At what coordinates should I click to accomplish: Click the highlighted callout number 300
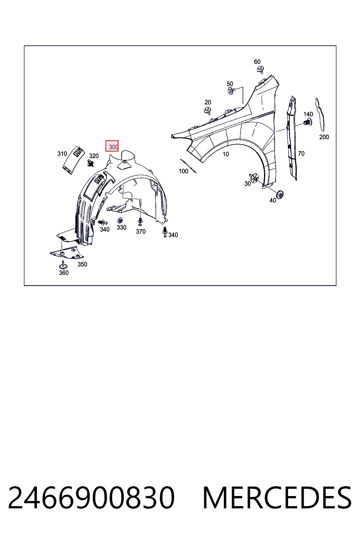click(x=113, y=147)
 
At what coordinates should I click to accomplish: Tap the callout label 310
click(x=62, y=154)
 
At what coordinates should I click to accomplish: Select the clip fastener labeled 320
click(x=91, y=164)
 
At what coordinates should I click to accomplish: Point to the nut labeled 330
click(x=120, y=220)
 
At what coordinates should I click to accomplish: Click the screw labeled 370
click(x=140, y=221)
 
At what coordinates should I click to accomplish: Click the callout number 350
click(x=82, y=264)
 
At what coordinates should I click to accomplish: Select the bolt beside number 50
click(x=231, y=91)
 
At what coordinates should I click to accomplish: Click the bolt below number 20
click(x=207, y=110)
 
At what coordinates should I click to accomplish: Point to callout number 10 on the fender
click(x=226, y=154)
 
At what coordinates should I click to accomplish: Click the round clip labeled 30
click(x=254, y=178)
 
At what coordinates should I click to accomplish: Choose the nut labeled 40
click(x=280, y=194)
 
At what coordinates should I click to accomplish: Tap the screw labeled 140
click(x=308, y=123)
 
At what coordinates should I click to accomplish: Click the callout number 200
click(x=324, y=137)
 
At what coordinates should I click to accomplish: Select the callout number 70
click(x=301, y=153)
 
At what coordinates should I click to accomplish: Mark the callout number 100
click(x=184, y=171)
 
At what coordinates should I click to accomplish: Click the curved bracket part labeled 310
click(x=73, y=160)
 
